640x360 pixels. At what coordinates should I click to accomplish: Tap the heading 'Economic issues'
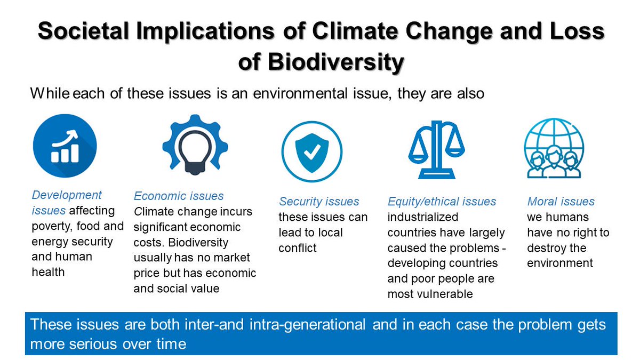tap(179, 196)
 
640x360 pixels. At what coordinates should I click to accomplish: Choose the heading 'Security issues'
tap(319, 202)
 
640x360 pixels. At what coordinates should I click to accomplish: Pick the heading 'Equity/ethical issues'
tap(442, 202)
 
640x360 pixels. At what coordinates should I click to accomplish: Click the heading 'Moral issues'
tap(561, 202)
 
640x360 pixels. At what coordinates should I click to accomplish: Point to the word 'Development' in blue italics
tap(67, 195)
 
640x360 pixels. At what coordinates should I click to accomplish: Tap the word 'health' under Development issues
tap(48, 272)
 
